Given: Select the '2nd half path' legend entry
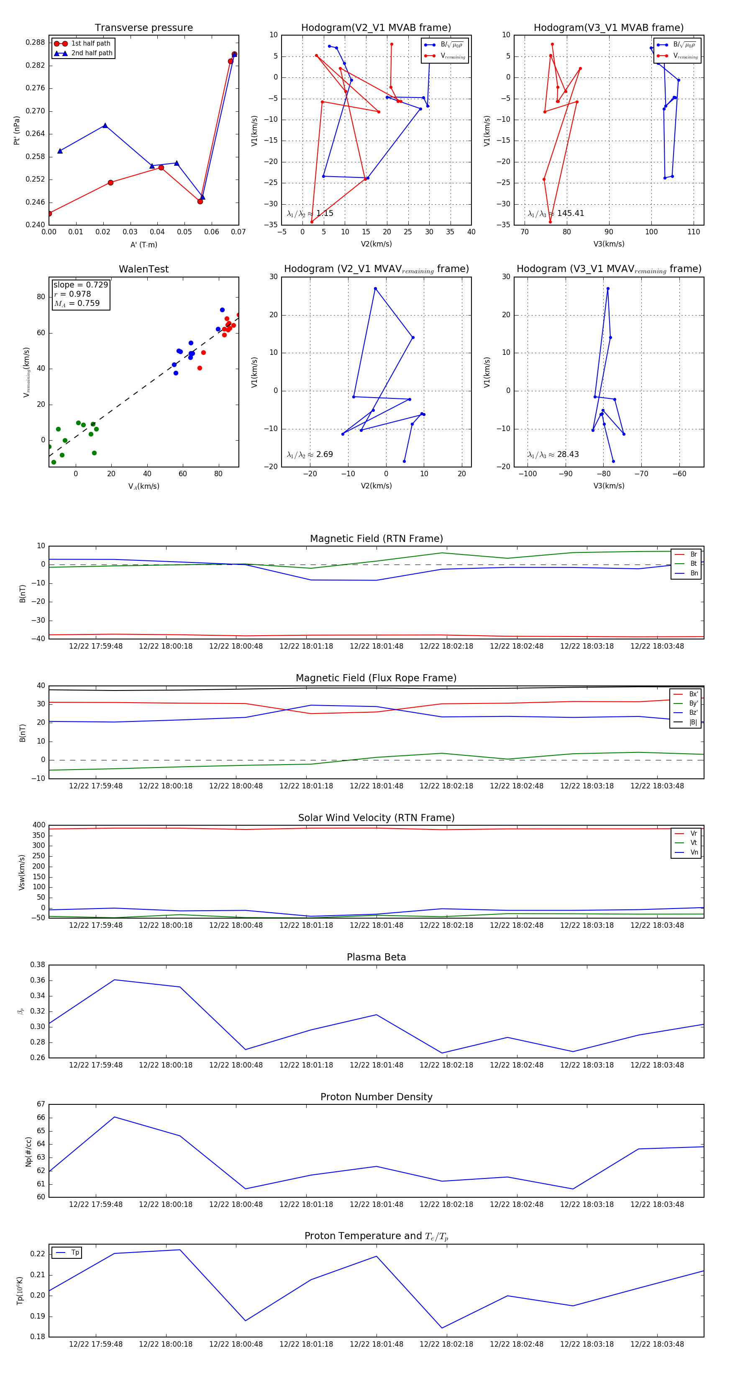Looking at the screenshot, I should tap(92, 53).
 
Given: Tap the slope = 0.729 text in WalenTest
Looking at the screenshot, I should tap(80, 285).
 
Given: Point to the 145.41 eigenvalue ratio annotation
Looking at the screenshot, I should tap(570, 213).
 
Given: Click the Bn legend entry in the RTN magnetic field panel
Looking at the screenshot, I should tap(694, 573).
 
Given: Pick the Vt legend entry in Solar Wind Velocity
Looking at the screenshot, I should tap(694, 843).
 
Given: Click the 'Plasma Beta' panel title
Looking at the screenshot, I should tap(376, 957).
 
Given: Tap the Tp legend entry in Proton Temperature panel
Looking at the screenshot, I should tap(75, 1253).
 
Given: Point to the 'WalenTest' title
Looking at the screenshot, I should tap(143, 269).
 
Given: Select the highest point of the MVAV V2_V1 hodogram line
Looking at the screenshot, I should tap(375, 288).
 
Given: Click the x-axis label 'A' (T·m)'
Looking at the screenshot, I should tap(143, 244).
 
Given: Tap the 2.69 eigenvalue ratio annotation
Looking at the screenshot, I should tap(324, 454).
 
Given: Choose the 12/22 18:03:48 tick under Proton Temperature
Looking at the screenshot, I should tap(657, 1344).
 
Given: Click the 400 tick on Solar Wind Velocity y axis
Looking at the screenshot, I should tap(39, 825).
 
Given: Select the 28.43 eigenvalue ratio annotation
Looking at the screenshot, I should tap(568, 454).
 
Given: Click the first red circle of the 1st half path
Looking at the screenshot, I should tap(49, 213).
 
